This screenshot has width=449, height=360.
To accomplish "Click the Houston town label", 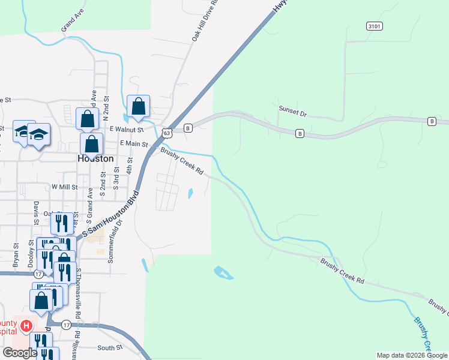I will (95, 158).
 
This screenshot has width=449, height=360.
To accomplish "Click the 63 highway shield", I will (167, 132).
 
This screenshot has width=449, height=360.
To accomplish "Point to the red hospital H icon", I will (26, 326).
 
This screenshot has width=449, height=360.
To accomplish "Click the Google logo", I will (20, 353).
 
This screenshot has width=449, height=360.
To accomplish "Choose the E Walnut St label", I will (127, 129).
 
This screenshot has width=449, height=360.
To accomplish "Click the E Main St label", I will (133, 143).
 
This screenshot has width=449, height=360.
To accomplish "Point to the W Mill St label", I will (65, 187).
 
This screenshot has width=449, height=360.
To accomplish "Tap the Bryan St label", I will (16, 254).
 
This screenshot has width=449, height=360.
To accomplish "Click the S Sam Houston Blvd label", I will (111, 214).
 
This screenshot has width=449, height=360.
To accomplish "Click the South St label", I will (109, 347).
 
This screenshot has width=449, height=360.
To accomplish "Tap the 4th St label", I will (129, 166).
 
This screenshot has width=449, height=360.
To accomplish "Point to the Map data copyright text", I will (412, 355).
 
